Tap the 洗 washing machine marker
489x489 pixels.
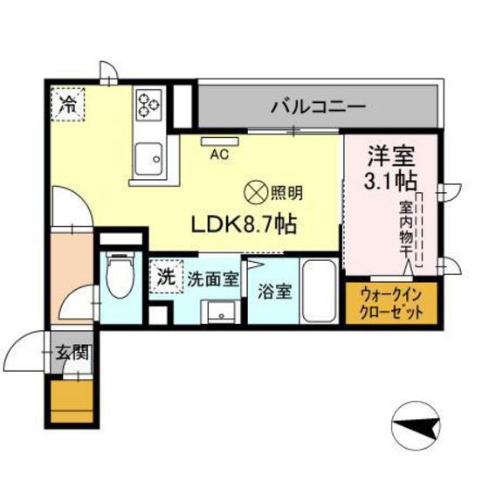point(166,279)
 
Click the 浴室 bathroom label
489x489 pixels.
point(276,291)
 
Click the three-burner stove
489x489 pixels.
point(148,106)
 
